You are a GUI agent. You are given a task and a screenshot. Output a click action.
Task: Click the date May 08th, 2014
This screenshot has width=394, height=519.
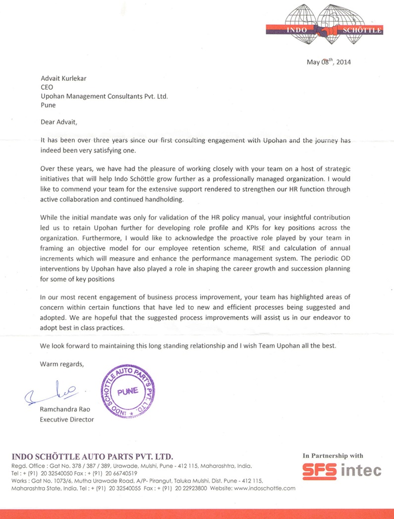[x=329, y=62]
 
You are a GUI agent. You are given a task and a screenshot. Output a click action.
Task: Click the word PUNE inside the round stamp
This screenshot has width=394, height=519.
[x=128, y=392]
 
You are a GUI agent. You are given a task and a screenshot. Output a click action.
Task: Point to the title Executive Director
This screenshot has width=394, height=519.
[x=67, y=419]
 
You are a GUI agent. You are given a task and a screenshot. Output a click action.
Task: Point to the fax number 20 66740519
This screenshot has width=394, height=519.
[x=120, y=473]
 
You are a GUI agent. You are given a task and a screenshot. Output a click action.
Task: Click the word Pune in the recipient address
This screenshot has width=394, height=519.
[x=48, y=105]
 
